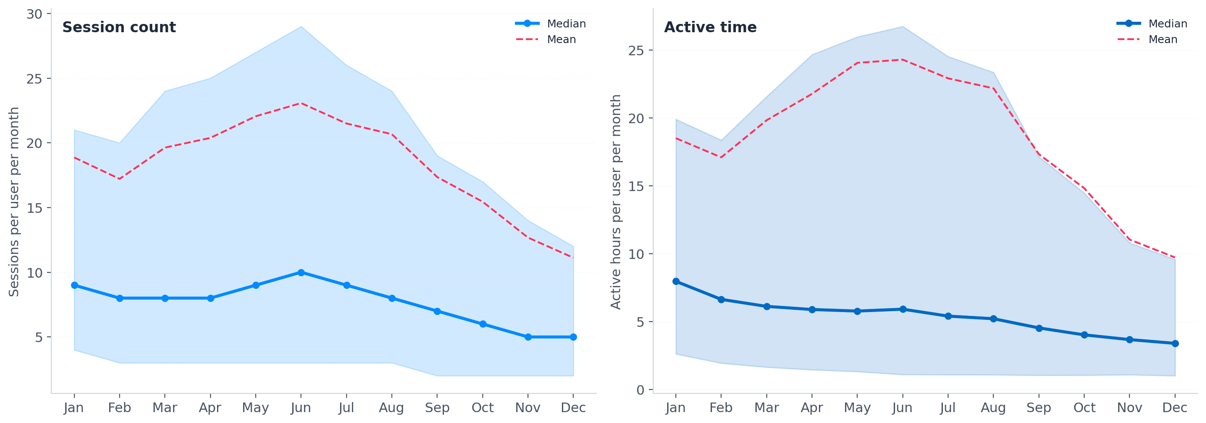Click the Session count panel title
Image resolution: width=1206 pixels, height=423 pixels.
coord(119,27)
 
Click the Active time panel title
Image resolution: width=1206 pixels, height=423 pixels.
coord(710,27)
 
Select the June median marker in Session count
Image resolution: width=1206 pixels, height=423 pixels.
coord(301,272)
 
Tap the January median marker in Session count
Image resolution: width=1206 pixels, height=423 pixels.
coord(74,285)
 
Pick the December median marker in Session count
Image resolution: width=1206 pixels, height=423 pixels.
coord(573,337)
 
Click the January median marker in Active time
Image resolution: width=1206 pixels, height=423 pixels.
coord(675,282)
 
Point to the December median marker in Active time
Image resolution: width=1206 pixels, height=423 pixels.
coord(1175,344)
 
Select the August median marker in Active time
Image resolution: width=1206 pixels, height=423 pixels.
coord(993,319)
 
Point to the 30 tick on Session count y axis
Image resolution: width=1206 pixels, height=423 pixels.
coord(35,14)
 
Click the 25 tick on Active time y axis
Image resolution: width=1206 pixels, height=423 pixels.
coord(636,50)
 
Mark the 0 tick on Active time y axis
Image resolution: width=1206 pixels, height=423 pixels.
coord(641,390)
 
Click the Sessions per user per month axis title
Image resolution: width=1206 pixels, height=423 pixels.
coord(14,201)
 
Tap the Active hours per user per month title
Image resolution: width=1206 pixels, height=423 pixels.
coord(616,201)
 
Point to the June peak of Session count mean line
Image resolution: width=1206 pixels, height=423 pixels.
coord(301,103)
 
